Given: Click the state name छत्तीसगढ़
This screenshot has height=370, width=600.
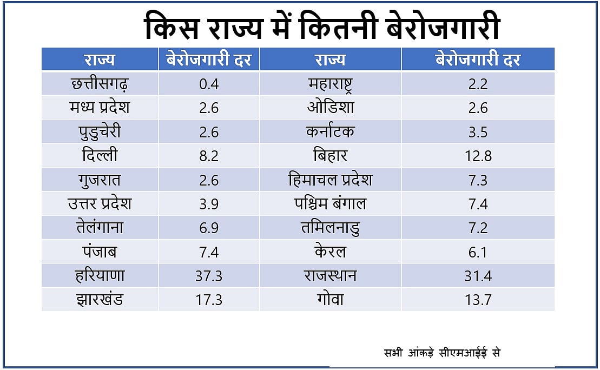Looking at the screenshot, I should click(100, 84).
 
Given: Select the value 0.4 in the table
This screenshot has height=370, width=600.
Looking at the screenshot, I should click(208, 84).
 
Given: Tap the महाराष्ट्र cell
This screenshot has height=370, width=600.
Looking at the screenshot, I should click(330, 84).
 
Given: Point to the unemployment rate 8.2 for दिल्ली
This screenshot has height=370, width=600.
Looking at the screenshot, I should click(208, 156).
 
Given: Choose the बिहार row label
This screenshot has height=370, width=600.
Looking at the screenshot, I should click(330, 156).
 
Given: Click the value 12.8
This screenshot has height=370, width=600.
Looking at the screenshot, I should click(478, 156).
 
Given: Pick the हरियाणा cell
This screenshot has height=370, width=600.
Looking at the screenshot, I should click(100, 275).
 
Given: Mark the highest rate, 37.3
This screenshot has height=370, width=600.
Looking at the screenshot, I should click(208, 275).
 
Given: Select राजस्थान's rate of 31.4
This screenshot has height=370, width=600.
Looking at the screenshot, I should click(478, 275).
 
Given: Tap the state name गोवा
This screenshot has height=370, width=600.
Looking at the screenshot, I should click(330, 299).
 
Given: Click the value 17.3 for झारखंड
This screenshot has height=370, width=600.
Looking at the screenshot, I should click(208, 299).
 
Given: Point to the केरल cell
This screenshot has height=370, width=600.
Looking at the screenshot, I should click(330, 252).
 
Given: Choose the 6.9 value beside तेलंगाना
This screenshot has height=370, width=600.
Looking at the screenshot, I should click(208, 228).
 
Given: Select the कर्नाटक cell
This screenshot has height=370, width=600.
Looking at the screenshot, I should click(330, 132).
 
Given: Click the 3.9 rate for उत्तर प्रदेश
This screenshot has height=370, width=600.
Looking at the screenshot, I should click(208, 203).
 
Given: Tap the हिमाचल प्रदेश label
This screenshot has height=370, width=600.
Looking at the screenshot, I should click(330, 180).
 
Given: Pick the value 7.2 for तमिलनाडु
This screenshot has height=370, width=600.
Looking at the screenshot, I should click(478, 228).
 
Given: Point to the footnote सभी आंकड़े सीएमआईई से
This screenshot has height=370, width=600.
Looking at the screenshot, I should click(441, 353).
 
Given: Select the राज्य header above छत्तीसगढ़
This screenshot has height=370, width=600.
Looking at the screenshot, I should click(100, 60).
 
